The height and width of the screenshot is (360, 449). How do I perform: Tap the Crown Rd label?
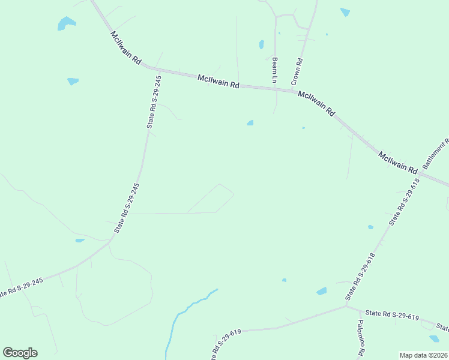pos(297,71)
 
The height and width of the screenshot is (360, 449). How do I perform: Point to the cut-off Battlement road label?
pos(436,154)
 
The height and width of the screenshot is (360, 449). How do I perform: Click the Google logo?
pos(20,353)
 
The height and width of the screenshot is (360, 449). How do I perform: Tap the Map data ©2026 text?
pos(423,355)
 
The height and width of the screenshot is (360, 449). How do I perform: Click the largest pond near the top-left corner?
pos(66,23)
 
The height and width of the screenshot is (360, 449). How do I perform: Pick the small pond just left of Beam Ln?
pos(261,44)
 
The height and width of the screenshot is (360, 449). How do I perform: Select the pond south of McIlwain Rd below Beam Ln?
pos(250,123)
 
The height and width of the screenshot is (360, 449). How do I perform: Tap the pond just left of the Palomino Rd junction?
pos(322,291)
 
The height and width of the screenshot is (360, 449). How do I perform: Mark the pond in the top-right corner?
pos(345,11)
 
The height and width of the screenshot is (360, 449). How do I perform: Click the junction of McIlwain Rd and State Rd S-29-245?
pos(161,70)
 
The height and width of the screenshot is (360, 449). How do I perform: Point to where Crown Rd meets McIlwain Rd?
pos(294,91)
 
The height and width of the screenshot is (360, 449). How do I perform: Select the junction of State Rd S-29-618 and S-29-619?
pos(346,306)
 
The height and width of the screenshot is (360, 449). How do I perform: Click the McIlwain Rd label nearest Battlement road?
pos(397,163)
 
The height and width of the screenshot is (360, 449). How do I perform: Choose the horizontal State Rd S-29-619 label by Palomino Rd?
pos(392,316)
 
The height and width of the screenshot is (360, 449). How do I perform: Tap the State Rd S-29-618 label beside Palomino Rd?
pos(360,277)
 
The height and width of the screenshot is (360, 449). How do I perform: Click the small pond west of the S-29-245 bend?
pos(80,241)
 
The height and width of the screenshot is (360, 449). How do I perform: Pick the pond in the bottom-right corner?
pos(434,338)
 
